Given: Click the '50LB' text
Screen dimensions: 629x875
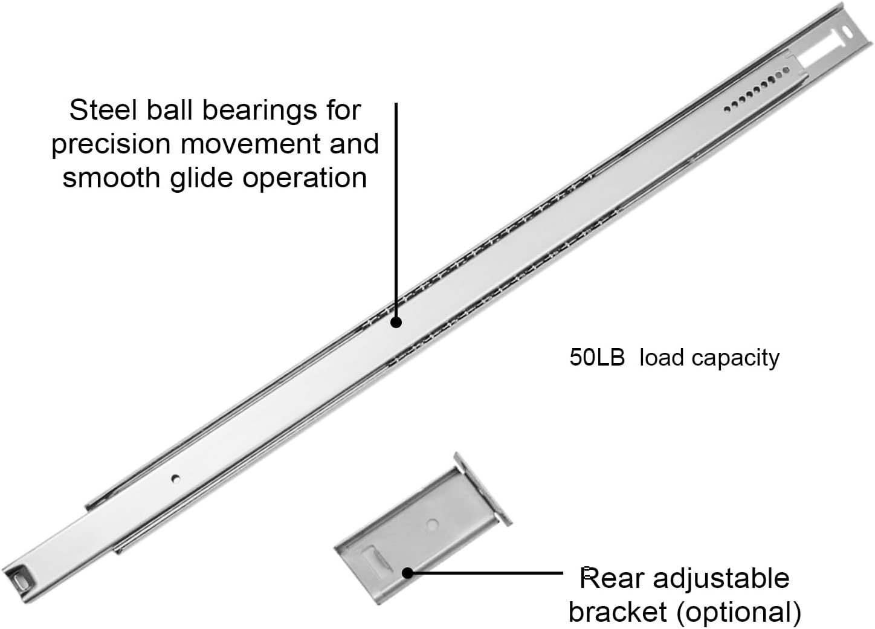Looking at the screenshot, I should [x=596, y=358].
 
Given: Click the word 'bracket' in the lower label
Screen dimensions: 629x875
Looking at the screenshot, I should [x=618, y=612].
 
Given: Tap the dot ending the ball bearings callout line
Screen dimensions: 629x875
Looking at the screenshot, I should [x=396, y=322].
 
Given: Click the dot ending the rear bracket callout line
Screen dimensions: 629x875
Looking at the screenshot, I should [x=408, y=572].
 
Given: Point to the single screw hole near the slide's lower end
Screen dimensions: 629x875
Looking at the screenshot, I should [x=175, y=479].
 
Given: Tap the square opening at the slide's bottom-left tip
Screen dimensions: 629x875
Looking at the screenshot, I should [x=22, y=578].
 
